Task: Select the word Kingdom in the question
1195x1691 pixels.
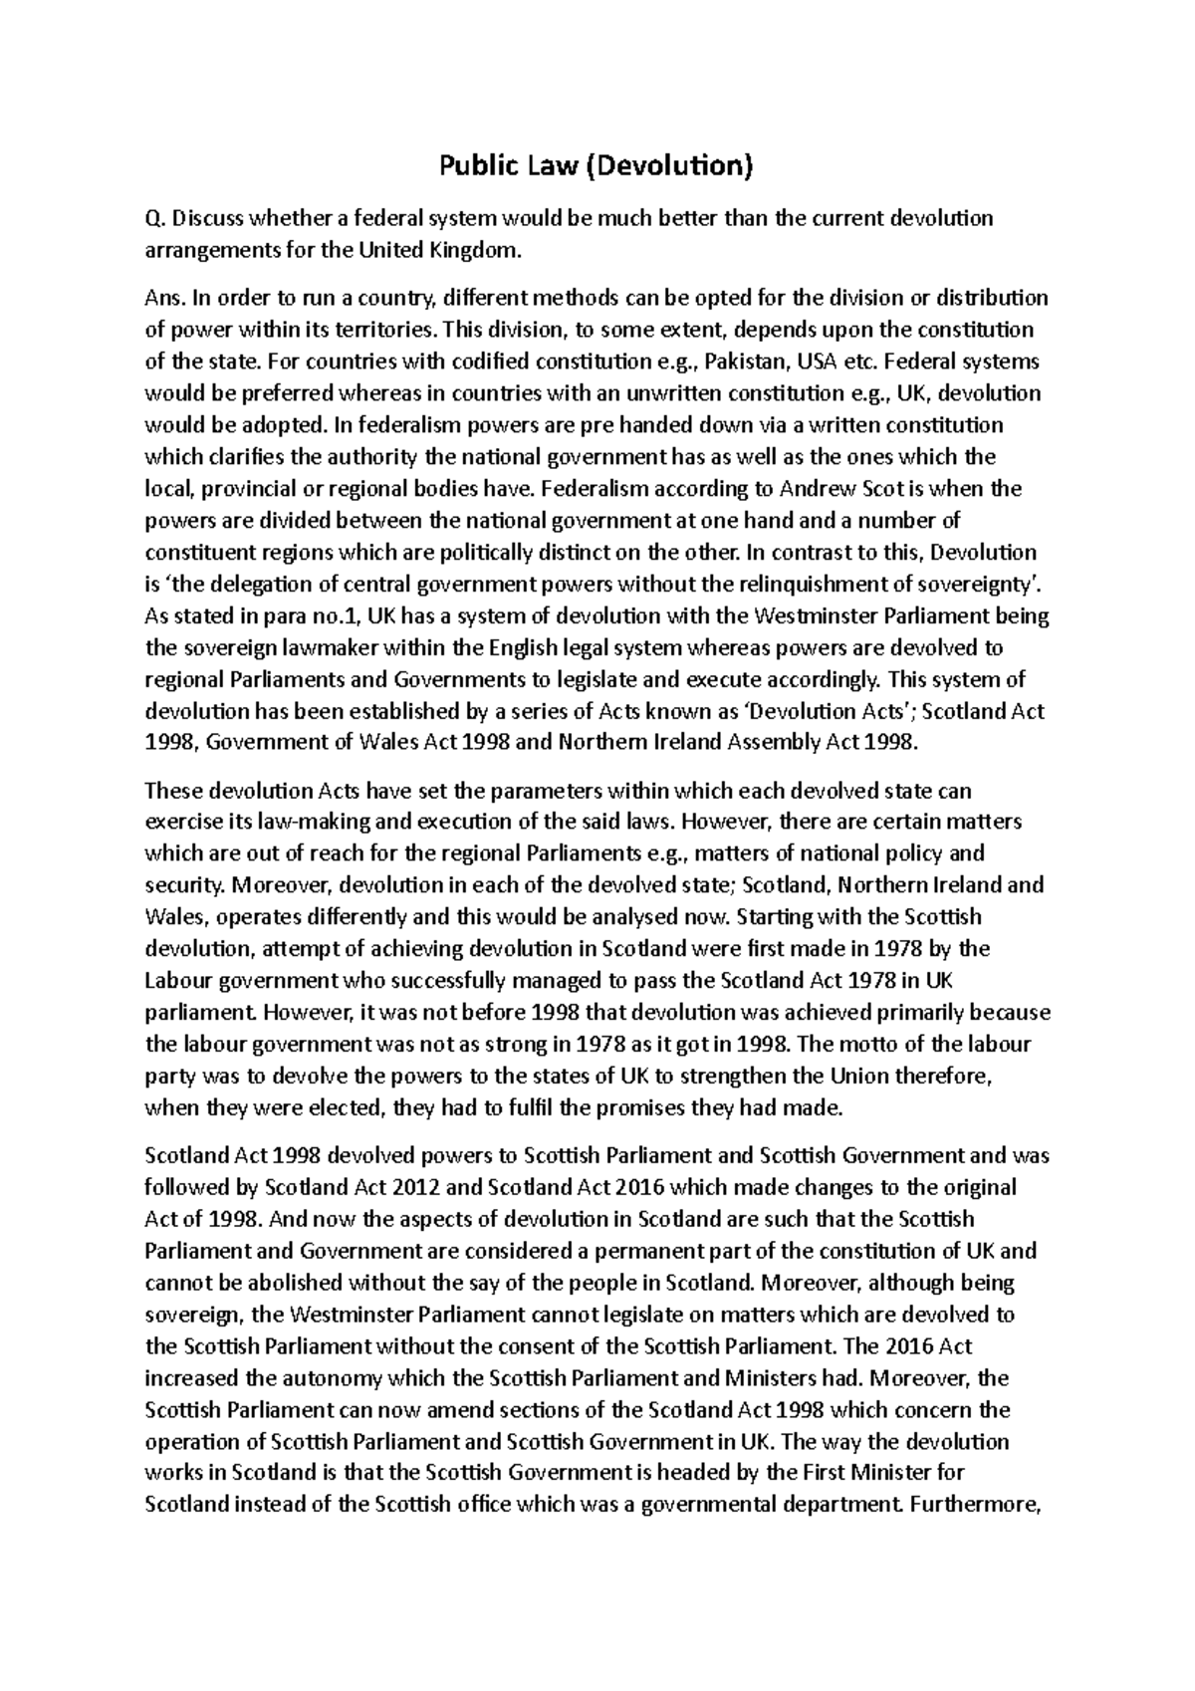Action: (x=482, y=250)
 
